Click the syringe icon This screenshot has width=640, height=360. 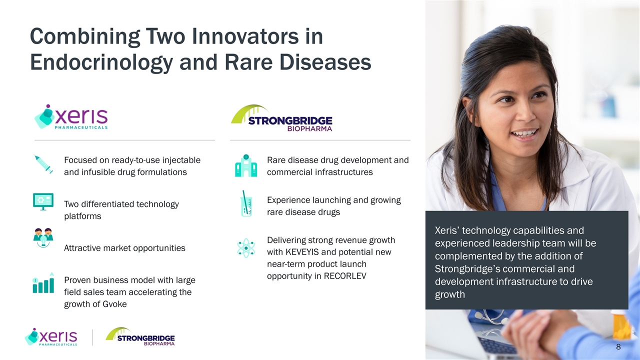43,164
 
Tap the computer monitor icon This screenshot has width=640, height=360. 43,201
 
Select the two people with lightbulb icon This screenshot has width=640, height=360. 43,237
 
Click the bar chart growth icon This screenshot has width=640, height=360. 43,282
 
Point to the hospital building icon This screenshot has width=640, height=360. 246,165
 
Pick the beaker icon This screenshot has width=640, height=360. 246,203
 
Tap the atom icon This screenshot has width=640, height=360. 246,248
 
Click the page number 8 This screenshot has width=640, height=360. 618,347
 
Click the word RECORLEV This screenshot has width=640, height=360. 345,276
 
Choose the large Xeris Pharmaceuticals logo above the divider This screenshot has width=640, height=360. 71,116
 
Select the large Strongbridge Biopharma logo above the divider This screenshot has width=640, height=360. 281,118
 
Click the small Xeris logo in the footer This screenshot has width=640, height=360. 51,336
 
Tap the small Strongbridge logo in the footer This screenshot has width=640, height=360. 140,336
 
